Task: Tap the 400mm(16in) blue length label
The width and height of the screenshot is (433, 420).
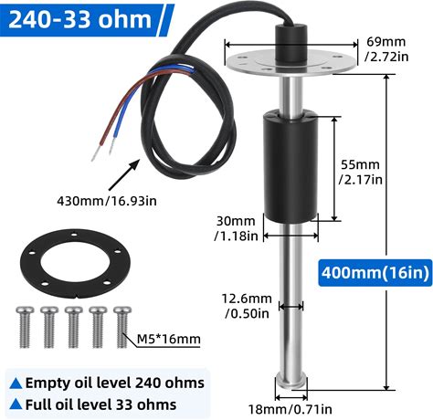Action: click(x=375, y=272)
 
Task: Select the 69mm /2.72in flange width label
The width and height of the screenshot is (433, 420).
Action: click(x=386, y=49)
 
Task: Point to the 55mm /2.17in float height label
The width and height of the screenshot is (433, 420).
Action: click(x=361, y=172)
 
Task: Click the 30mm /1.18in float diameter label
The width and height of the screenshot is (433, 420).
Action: click(x=236, y=228)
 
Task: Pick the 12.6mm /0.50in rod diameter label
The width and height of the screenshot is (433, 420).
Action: click(x=247, y=306)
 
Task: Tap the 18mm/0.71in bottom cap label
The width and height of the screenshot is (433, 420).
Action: click(x=290, y=409)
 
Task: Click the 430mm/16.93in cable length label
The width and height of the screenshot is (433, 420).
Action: click(x=107, y=201)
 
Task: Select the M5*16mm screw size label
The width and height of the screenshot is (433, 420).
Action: click(x=168, y=339)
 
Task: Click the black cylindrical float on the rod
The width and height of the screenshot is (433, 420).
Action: click(x=290, y=167)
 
